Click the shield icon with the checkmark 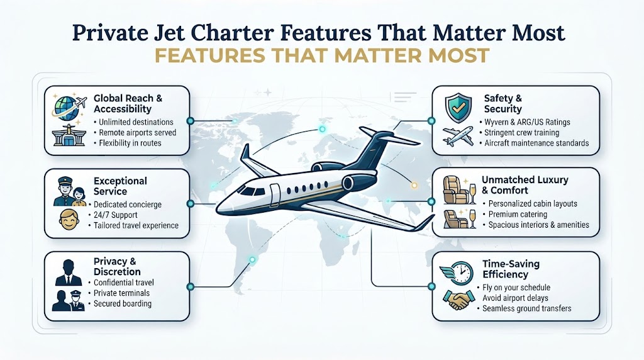click(x=458, y=108)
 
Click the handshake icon click(x=458, y=300)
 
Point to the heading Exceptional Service click(x=120, y=186)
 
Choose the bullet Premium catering click(x=518, y=214)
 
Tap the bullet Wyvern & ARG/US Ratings click(x=527, y=122)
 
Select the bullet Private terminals click(x=121, y=293)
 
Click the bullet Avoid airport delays click(x=515, y=298)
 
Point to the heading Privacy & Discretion click(x=117, y=266)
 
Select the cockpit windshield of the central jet click(x=251, y=191)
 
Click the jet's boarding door click(x=275, y=195)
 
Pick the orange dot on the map click(x=414, y=185)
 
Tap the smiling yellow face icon click(x=69, y=220)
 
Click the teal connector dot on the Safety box click(x=431, y=121)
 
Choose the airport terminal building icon click(x=69, y=135)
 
